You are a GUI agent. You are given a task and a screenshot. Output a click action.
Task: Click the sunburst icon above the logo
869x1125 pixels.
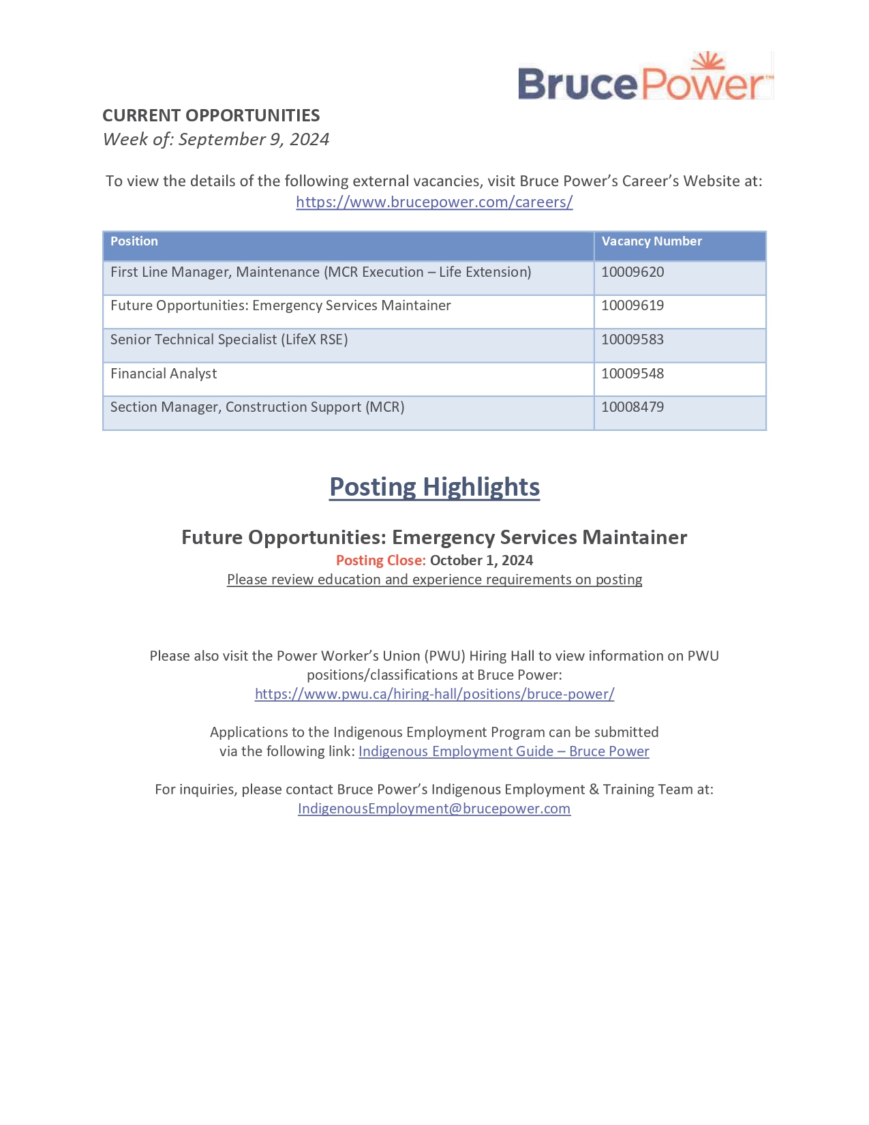tap(707, 61)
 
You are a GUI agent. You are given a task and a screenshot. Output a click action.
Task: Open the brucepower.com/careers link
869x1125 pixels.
tap(434, 202)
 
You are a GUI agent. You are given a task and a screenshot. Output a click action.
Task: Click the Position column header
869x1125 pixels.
tap(134, 241)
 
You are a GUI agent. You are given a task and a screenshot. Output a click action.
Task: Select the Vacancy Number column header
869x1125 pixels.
tap(651, 241)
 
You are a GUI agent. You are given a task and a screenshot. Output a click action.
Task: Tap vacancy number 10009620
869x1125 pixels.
tap(632, 272)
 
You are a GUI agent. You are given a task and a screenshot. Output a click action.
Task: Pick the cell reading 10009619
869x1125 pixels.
tap(632, 305)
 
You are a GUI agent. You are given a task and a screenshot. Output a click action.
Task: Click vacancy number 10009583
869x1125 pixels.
tap(632, 340)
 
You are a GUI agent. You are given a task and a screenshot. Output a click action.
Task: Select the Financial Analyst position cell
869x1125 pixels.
tap(164, 374)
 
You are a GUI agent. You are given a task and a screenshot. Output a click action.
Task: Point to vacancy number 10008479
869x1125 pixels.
tap(632, 407)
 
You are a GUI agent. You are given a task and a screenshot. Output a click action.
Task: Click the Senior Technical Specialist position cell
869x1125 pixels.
tap(229, 340)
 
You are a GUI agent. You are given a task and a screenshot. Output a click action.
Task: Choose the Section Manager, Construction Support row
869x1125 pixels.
tap(257, 407)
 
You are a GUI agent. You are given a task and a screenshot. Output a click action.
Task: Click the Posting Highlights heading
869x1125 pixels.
tap(434, 487)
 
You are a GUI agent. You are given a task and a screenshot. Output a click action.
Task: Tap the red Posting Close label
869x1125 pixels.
tap(380, 560)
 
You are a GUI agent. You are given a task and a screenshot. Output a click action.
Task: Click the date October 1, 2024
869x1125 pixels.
tap(481, 560)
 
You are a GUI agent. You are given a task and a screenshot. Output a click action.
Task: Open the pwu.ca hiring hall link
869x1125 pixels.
tap(434, 694)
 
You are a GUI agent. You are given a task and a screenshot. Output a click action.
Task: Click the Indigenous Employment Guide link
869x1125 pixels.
tap(504, 751)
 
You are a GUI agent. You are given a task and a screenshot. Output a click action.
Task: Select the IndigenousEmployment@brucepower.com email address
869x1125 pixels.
tap(434, 809)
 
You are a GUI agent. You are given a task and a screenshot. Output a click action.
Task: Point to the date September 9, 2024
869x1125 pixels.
tap(254, 139)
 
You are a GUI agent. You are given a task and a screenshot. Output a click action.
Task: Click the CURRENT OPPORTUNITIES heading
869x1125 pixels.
tap(211, 115)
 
